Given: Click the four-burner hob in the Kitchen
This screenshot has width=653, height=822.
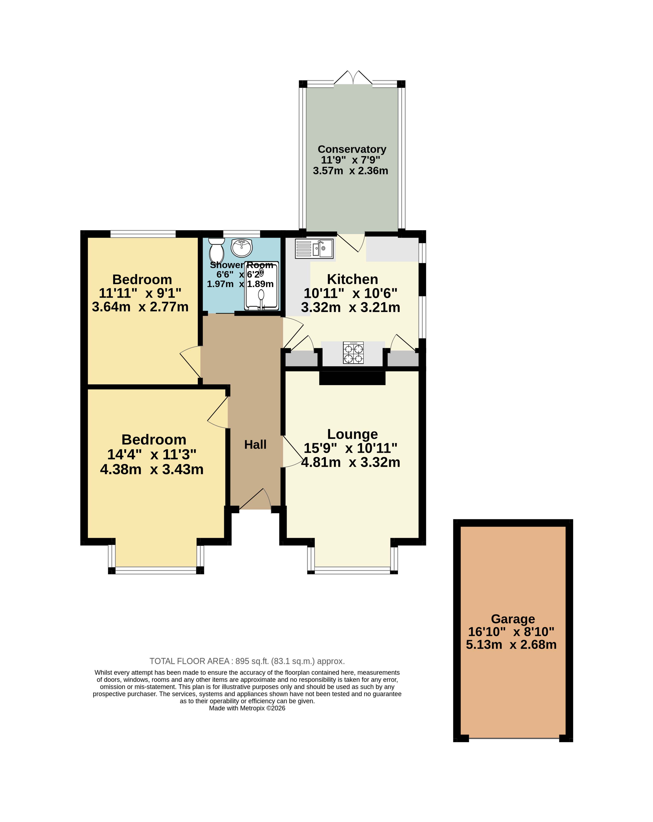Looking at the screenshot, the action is pos(353,352).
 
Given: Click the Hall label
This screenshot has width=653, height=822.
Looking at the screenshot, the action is pos(255,445).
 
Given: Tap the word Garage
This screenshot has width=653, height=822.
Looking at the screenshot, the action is pos(513,619).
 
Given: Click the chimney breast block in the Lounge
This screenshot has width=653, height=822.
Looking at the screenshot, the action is pos(352,378).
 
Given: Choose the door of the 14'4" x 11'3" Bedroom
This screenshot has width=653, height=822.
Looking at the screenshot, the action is pos(218,412).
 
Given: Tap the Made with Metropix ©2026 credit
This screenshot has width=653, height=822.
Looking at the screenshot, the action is pos(247,708).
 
